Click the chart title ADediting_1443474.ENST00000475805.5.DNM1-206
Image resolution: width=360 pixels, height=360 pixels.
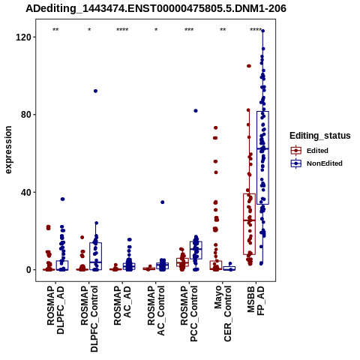click(x=156, y=8)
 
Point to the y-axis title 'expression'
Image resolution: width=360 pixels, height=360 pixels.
click(x=8, y=150)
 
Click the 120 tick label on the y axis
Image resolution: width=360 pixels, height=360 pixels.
click(x=22, y=37)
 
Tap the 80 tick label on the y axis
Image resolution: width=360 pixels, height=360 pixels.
click(x=25, y=115)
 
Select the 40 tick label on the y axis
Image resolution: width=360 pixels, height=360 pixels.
click(x=25, y=193)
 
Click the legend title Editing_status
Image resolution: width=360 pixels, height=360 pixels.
click(x=320, y=136)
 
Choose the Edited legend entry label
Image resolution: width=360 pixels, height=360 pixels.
click(x=317, y=151)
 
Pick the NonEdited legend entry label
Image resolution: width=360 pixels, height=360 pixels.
click(x=325, y=163)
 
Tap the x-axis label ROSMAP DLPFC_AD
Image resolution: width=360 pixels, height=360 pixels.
click(x=55, y=310)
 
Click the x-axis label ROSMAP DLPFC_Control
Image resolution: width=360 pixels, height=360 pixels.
click(x=89, y=319)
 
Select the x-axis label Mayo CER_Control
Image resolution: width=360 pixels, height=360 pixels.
click(x=223, y=313)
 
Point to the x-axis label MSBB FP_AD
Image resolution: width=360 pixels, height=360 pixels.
click(x=256, y=301)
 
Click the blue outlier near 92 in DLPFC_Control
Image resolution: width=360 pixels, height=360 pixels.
click(x=95, y=91)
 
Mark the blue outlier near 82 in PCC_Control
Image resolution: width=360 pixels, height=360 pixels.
click(x=196, y=111)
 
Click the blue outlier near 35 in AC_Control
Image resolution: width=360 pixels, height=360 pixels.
click(x=163, y=202)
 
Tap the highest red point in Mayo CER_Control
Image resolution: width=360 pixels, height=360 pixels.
click(x=215, y=128)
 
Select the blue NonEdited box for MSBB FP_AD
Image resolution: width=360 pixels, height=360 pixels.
click(x=262, y=157)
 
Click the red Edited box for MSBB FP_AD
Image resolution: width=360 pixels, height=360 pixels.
click(x=249, y=224)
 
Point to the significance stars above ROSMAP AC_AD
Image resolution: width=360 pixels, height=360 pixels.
click(x=122, y=30)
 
